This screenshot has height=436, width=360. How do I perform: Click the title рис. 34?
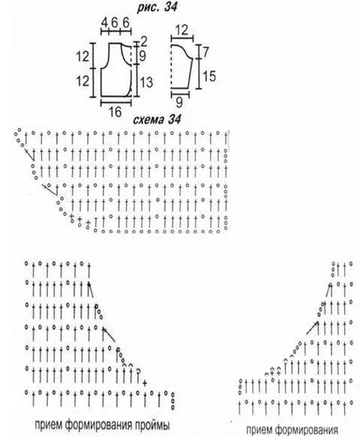pyautogui.click(x=157, y=7)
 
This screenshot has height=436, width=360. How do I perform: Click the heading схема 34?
pyautogui.click(x=157, y=119)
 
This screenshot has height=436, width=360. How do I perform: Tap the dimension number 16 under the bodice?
pyautogui.click(x=115, y=112)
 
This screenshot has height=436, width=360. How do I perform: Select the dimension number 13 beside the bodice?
pyautogui.click(x=146, y=83)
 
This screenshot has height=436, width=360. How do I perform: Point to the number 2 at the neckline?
pyautogui.click(x=144, y=42)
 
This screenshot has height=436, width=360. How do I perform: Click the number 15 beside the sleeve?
pyautogui.click(x=209, y=76)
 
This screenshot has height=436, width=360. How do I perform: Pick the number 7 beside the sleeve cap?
pyautogui.click(x=205, y=52)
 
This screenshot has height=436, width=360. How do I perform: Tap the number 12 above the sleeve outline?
pyautogui.click(x=181, y=30)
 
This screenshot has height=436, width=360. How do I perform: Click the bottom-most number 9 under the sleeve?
pyautogui.click(x=179, y=103)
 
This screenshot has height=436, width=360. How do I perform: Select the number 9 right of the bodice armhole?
pyautogui.click(x=142, y=56)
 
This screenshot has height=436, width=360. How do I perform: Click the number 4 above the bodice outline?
pyautogui.click(x=104, y=23)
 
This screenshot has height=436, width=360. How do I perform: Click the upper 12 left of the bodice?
pyautogui.click(x=82, y=56)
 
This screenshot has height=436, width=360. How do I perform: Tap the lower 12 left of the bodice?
pyautogui.click(x=82, y=81)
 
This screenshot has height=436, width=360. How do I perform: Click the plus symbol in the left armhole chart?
pyautogui.click(x=145, y=383)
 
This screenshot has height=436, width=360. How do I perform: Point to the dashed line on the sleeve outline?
pyautogui.click(x=171, y=66)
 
